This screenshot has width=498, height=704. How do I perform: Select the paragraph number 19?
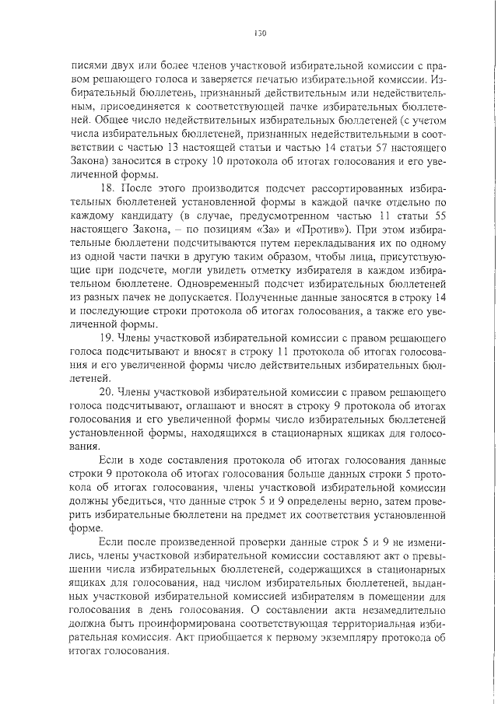[x=108, y=338]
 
